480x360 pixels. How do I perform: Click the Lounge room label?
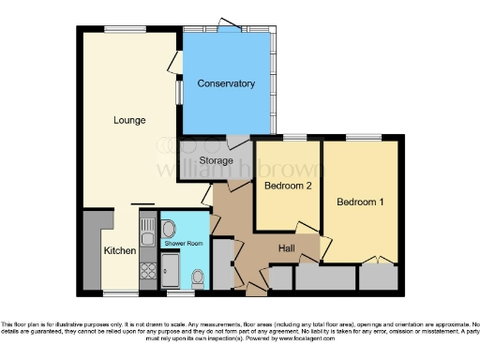coord(129,120)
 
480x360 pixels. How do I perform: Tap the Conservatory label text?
coord(226,84)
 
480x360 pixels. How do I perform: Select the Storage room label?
coord(216,161)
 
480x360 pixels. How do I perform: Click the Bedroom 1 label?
coord(360,202)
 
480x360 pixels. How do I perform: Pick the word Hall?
coord(288,247)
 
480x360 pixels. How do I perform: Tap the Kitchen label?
coord(119,251)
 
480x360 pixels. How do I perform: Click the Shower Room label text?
coord(184,244)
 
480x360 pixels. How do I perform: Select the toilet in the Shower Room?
coord(197,277)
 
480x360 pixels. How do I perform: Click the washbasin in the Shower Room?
coord(167,230)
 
